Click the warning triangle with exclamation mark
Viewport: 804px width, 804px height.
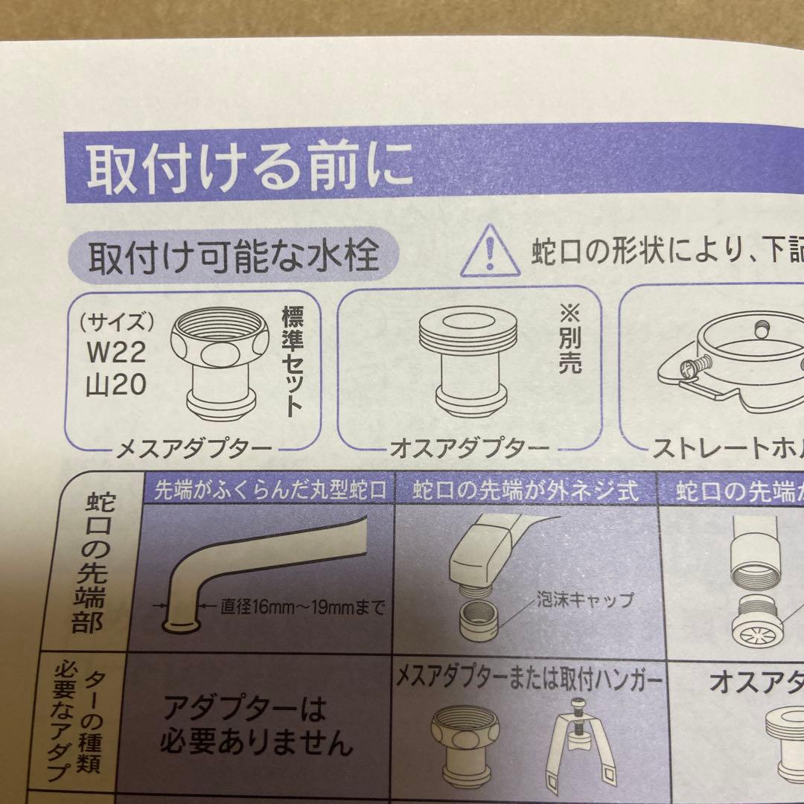(488, 255)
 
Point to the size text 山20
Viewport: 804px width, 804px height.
(115, 386)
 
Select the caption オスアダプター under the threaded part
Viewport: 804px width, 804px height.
(468, 449)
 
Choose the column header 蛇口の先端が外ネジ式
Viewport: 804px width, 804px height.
(525, 491)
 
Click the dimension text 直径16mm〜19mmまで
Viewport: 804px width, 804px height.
(302, 609)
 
